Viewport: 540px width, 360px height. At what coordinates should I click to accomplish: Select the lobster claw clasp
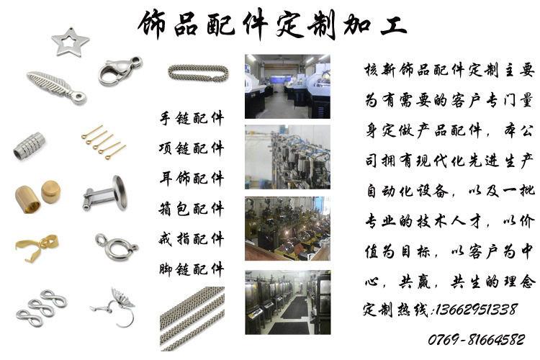[x=119, y=72]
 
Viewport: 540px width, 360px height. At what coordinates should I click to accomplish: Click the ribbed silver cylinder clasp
[x=30, y=146]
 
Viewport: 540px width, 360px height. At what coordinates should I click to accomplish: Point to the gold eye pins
[x=103, y=143]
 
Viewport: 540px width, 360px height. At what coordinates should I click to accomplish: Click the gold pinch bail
[x=37, y=247]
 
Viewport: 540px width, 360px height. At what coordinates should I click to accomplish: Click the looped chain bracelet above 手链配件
[x=198, y=73]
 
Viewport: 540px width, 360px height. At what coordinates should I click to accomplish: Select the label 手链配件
[x=192, y=118]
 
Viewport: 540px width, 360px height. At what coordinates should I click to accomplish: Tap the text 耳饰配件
[x=192, y=179]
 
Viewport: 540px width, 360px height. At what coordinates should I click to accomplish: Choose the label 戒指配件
[x=192, y=239]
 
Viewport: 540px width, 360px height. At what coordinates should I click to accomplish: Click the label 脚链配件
[x=192, y=269]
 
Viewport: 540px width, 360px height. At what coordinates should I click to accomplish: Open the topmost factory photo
[x=287, y=86]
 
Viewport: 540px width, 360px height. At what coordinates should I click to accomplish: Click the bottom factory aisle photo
[x=288, y=302]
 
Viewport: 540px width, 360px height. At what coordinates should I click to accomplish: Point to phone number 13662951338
[x=477, y=310]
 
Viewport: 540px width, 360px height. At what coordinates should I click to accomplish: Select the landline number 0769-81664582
[x=477, y=340]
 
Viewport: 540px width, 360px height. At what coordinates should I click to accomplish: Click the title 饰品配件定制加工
[x=272, y=24]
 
